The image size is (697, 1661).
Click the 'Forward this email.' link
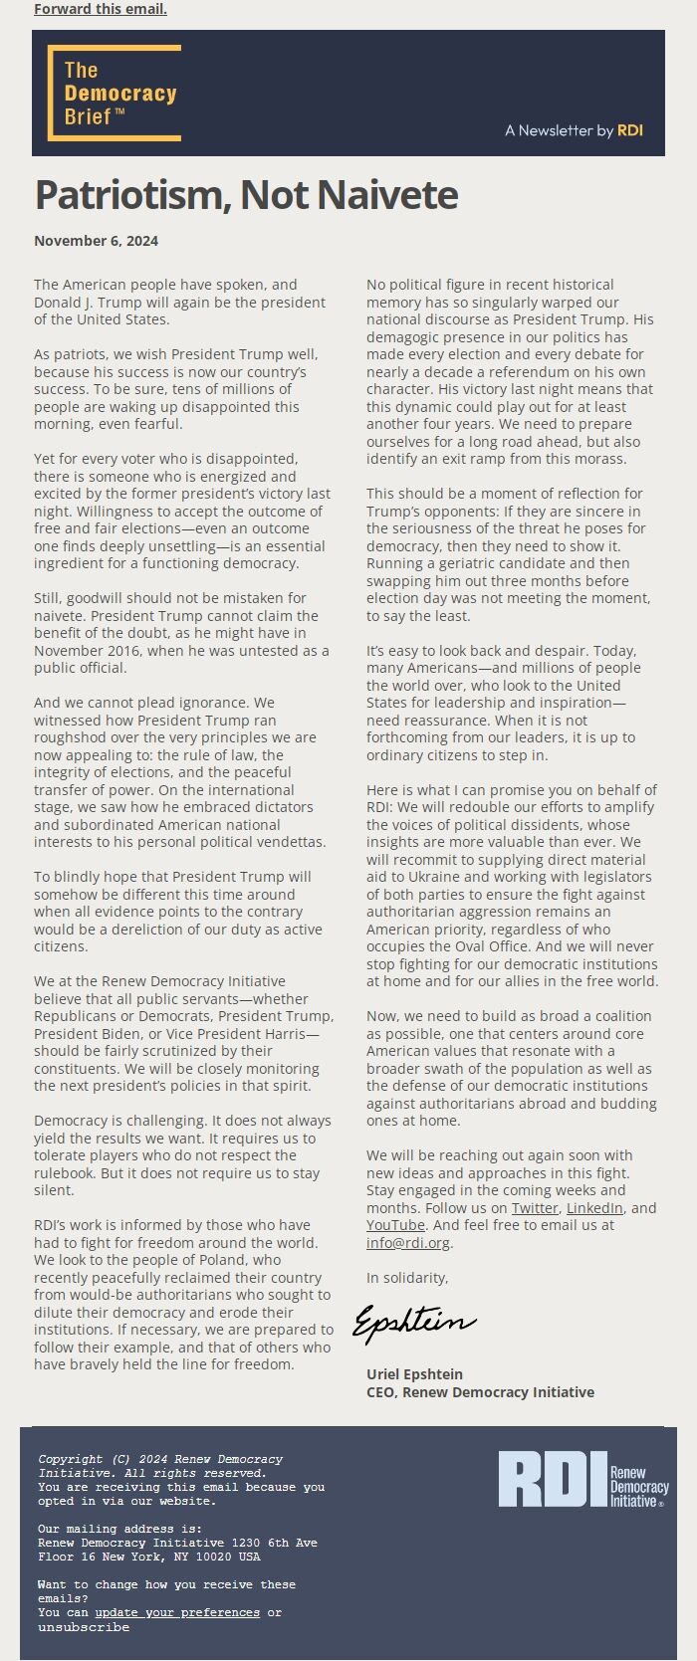[x=100, y=9]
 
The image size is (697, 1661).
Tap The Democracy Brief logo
[x=115, y=93]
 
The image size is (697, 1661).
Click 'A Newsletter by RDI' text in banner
[x=574, y=130]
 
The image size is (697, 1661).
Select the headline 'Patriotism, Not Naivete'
[x=246, y=195]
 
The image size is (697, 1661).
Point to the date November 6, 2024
[x=96, y=241]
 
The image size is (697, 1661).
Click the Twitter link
[x=535, y=1208]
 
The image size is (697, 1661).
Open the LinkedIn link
[x=594, y=1208]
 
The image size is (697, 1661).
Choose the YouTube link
[x=395, y=1225]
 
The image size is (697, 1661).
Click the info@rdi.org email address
[x=408, y=1243]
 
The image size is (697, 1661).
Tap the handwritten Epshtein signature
[x=413, y=1323]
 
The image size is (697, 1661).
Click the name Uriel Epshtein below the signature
[x=414, y=1374]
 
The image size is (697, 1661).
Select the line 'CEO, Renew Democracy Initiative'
[x=480, y=1392]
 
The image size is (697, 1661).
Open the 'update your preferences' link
[x=177, y=1612]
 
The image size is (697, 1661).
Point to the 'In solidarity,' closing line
[x=407, y=1278]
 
